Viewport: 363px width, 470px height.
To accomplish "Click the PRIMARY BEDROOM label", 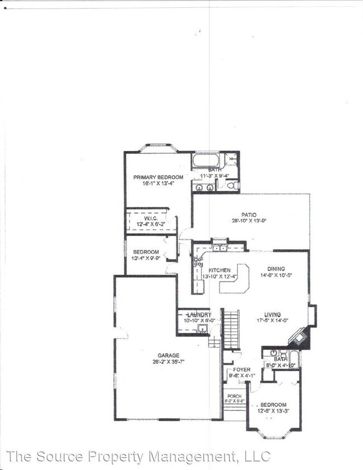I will point(158,177).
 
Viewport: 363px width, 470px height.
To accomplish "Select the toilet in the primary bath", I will point(235,185).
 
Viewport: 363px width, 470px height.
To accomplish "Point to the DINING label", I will point(276,269).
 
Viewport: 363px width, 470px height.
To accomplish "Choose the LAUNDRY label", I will point(198,315).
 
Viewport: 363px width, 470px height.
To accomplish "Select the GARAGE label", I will point(168,355).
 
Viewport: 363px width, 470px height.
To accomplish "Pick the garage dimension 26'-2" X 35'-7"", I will point(168,362).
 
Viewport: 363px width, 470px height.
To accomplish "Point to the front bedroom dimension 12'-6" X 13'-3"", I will point(273,411).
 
